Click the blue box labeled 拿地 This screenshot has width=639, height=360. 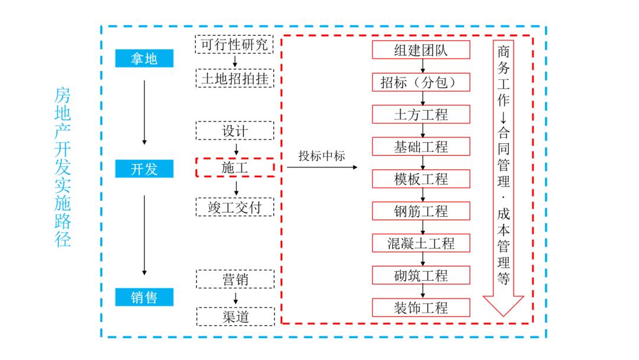(x=144, y=58)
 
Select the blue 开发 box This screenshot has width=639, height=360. (x=144, y=169)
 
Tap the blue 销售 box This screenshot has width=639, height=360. (x=144, y=297)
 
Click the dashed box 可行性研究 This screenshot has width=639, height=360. (x=234, y=44)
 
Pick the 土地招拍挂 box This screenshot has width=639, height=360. (x=234, y=78)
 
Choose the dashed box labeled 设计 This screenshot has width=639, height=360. (x=234, y=130)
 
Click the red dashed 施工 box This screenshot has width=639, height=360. (x=234, y=168)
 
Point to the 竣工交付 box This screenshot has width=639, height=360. (x=234, y=207)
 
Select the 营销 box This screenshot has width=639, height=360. (x=234, y=279)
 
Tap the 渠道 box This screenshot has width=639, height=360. (x=234, y=316)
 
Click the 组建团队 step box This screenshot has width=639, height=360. (x=421, y=50)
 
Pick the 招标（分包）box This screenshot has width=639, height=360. (x=421, y=82)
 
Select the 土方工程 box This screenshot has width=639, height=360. (x=421, y=114)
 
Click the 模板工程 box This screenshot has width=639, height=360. (x=421, y=179)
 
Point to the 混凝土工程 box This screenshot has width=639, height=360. (x=421, y=243)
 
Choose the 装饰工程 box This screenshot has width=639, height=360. (x=421, y=307)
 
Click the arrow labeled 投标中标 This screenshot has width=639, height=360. (x=322, y=168)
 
